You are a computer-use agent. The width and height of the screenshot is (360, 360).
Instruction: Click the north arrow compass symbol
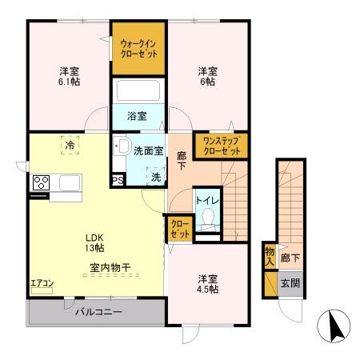[x=334, y=326]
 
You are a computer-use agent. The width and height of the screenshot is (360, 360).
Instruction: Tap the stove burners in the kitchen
[x=41, y=182]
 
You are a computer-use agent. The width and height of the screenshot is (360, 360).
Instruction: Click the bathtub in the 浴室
[x=138, y=90]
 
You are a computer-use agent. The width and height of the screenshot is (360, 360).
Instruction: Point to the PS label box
[x=118, y=180]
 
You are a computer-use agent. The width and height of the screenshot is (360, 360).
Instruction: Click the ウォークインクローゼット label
[x=138, y=49]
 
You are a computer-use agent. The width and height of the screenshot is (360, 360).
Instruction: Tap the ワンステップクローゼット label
[x=222, y=146]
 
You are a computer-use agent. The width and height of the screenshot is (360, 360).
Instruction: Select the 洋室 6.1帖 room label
[x=70, y=77]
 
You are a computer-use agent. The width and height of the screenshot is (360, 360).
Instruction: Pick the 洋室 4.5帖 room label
[x=208, y=284]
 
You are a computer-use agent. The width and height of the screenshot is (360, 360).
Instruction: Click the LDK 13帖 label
[x=94, y=242]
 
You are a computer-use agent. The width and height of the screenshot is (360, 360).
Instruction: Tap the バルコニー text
[x=98, y=311]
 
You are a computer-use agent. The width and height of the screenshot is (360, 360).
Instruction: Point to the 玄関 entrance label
[x=290, y=283]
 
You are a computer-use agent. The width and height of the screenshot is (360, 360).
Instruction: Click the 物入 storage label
[x=270, y=256]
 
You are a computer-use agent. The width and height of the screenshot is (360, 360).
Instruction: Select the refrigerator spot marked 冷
[x=70, y=145]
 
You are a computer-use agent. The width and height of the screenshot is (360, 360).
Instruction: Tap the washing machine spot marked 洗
[x=156, y=177]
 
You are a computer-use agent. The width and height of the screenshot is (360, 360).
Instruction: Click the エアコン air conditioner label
[x=42, y=283]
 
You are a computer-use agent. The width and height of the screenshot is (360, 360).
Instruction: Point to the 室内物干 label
[x=110, y=267]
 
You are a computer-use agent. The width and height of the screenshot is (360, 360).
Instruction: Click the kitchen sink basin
[x=70, y=182]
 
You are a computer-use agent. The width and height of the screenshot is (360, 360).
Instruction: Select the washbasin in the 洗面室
[x=122, y=146]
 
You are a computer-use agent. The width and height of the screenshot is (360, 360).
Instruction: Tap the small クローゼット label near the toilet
[x=180, y=229]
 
